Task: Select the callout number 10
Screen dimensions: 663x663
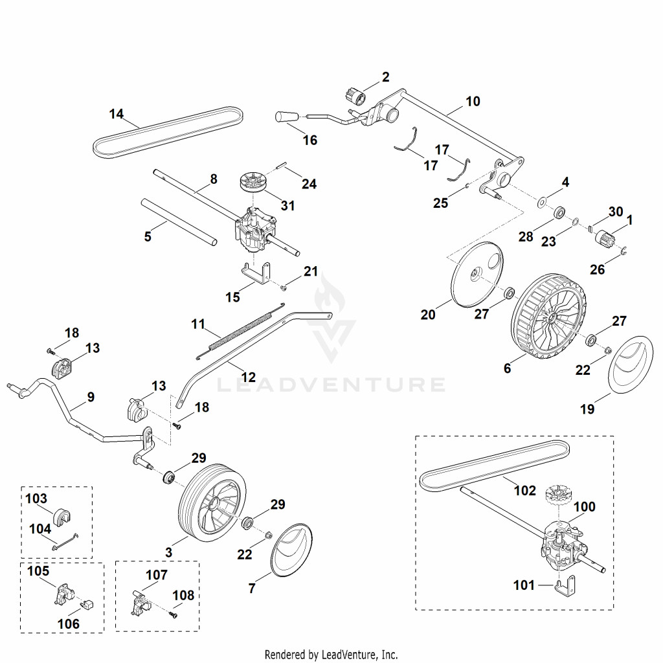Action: [x=473, y=102]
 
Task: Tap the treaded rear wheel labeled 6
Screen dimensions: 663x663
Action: [x=549, y=315]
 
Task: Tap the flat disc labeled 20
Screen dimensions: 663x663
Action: [x=477, y=274]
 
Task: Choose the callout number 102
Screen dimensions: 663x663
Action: [x=524, y=491]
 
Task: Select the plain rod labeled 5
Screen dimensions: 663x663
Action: [x=179, y=221]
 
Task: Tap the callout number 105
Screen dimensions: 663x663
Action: [x=38, y=571]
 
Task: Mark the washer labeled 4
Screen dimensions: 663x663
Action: [x=542, y=202]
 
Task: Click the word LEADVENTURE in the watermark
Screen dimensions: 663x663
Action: [x=331, y=385]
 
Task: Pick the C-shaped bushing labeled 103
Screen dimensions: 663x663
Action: [x=62, y=516]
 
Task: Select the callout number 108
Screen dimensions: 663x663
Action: [x=183, y=596]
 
